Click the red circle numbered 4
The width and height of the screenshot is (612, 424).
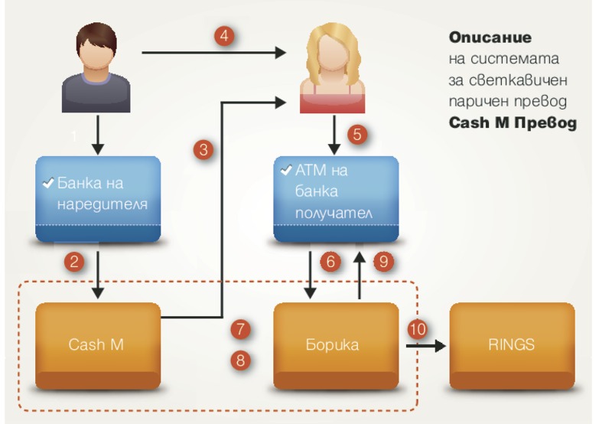pyautogui.click(x=224, y=37)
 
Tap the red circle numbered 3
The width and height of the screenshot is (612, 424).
pyautogui.click(x=203, y=150)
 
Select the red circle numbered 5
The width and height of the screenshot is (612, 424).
pyautogui.click(x=357, y=135)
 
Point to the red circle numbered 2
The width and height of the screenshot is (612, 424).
pyautogui.click(x=74, y=263)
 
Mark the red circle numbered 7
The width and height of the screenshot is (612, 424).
pyautogui.click(x=241, y=330)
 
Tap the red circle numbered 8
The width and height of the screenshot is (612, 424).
pyautogui.click(x=241, y=359)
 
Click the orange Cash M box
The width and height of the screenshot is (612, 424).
pyautogui.click(x=97, y=345)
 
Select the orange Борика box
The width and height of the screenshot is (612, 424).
pyautogui.click(x=336, y=345)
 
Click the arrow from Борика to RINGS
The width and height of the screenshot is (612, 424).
pyautogui.click(x=428, y=345)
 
